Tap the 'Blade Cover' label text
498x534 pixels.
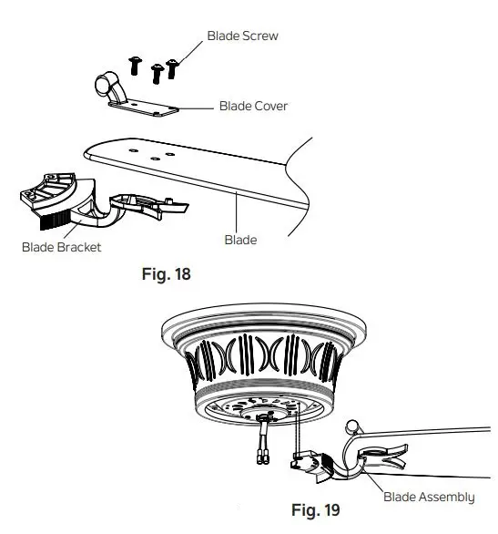coord(253,107)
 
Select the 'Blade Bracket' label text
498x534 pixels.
coord(61,246)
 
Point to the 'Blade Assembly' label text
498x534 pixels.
coord(428,497)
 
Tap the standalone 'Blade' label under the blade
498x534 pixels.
coord(240,241)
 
